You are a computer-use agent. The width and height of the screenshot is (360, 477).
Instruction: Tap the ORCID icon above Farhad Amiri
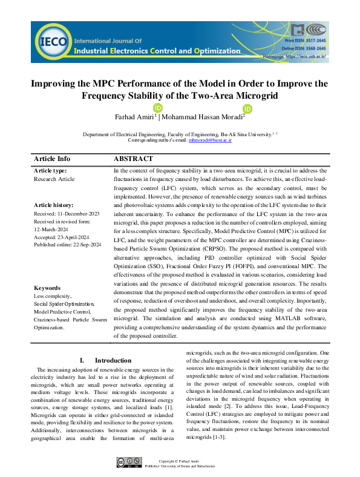click(x=157, y=108)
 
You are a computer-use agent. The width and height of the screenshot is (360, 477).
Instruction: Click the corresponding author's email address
click(x=211, y=140)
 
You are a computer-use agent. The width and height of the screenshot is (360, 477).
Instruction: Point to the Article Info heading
click(x=52, y=159)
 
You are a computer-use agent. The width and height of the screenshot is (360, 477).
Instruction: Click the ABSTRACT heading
click(x=134, y=159)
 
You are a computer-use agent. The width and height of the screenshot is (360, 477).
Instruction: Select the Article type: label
click(x=51, y=171)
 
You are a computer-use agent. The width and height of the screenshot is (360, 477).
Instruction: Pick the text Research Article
click(x=54, y=179)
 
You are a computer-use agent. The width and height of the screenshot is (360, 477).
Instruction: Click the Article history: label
click(x=54, y=206)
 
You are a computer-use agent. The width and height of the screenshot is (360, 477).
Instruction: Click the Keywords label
click(x=48, y=288)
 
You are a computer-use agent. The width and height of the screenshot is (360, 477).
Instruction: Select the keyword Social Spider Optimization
click(x=64, y=304)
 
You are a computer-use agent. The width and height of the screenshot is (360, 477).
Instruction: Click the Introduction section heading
click(x=113, y=360)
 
